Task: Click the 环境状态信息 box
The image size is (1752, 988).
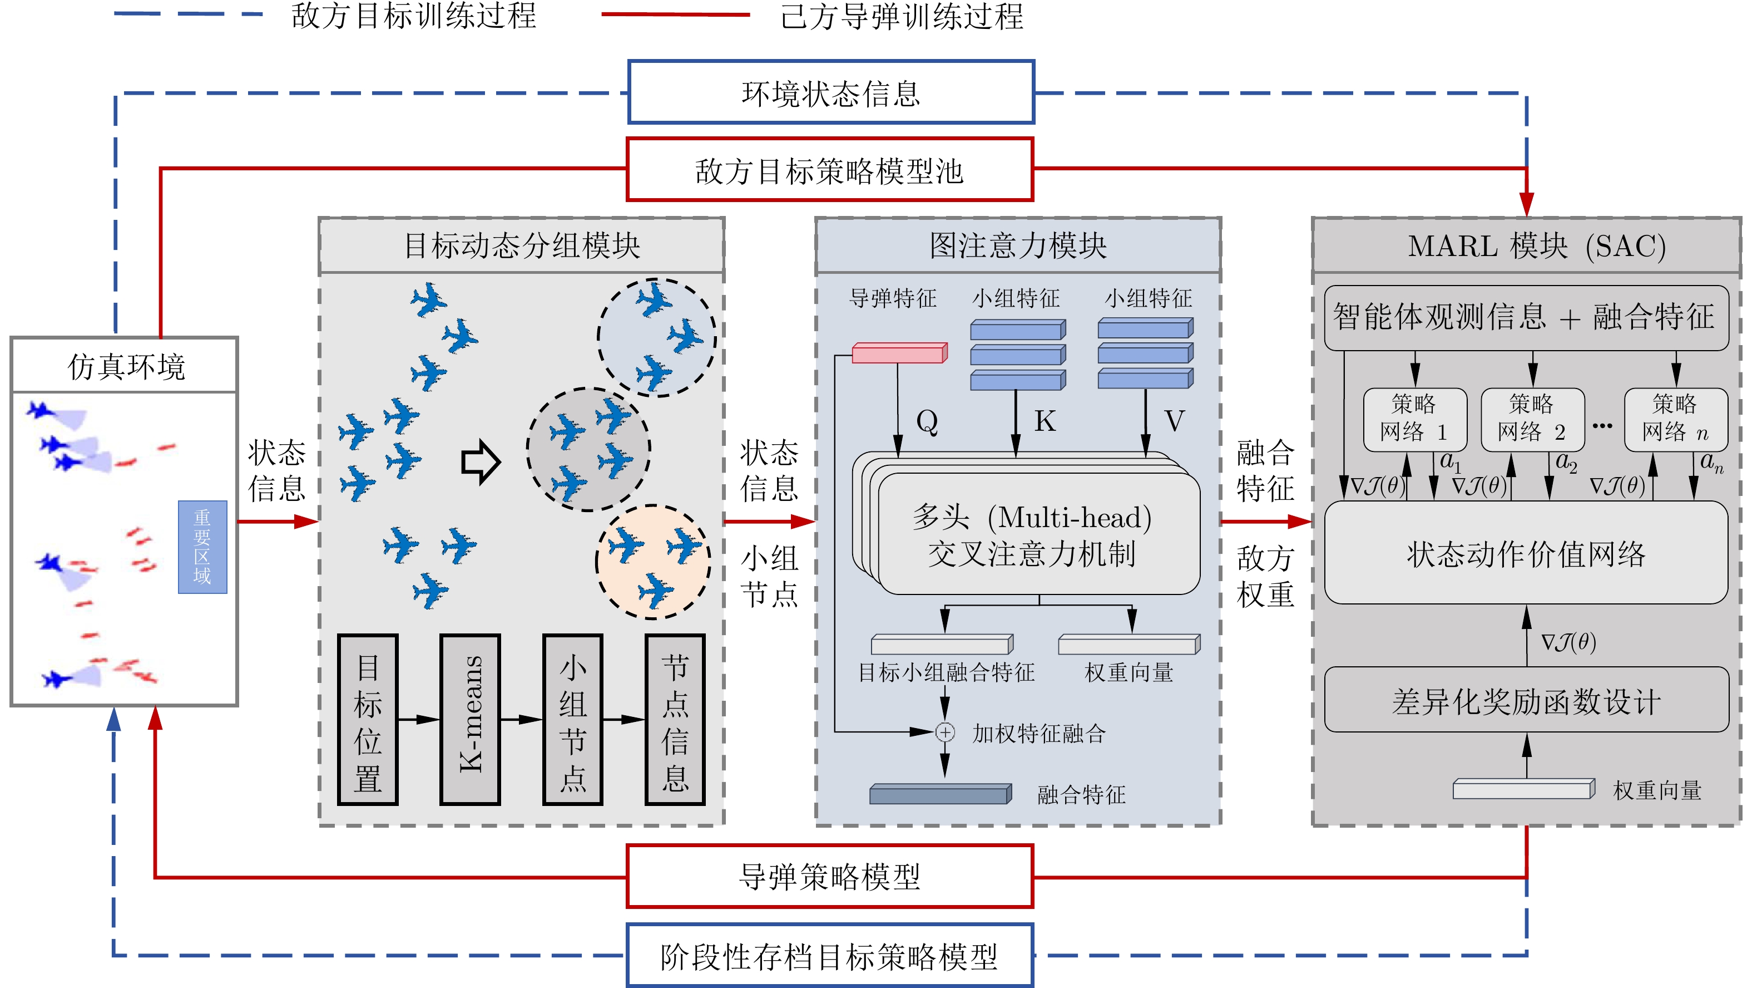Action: (x=830, y=92)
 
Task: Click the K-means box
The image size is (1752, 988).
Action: (x=470, y=719)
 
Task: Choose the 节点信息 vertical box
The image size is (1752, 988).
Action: (x=675, y=719)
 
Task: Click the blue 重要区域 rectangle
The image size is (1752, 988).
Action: (x=202, y=547)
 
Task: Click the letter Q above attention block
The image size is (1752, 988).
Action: (x=927, y=422)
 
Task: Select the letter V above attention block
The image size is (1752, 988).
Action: (x=1174, y=422)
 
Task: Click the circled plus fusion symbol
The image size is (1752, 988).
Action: (x=945, y=732)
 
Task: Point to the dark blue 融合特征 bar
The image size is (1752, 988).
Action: (x=940, y=794)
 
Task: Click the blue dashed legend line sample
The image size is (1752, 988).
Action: (x=189, y=13)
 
